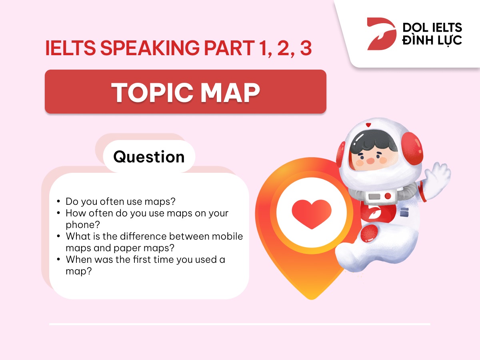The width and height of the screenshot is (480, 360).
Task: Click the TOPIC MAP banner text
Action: (186, 92)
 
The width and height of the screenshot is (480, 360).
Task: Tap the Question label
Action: (149, 157)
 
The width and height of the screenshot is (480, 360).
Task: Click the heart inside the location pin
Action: (312, 211)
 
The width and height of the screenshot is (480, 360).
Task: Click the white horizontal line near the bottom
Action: (240, 324)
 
